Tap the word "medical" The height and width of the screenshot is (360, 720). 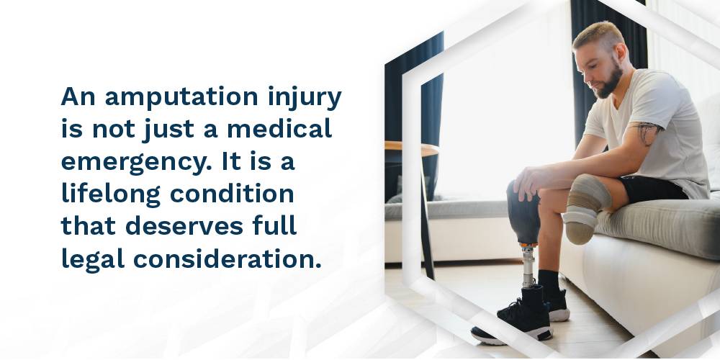coord(279,129)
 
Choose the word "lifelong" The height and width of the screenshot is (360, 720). coord(111,195)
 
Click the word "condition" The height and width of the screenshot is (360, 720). coord(232,194)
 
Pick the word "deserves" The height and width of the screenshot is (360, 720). coord(184,225)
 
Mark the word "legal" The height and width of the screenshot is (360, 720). coord(93,259)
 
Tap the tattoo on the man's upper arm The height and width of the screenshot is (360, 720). coord(647,132)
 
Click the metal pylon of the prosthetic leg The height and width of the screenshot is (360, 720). coord(528,266)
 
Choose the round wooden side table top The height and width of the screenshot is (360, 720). coord(411,148)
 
